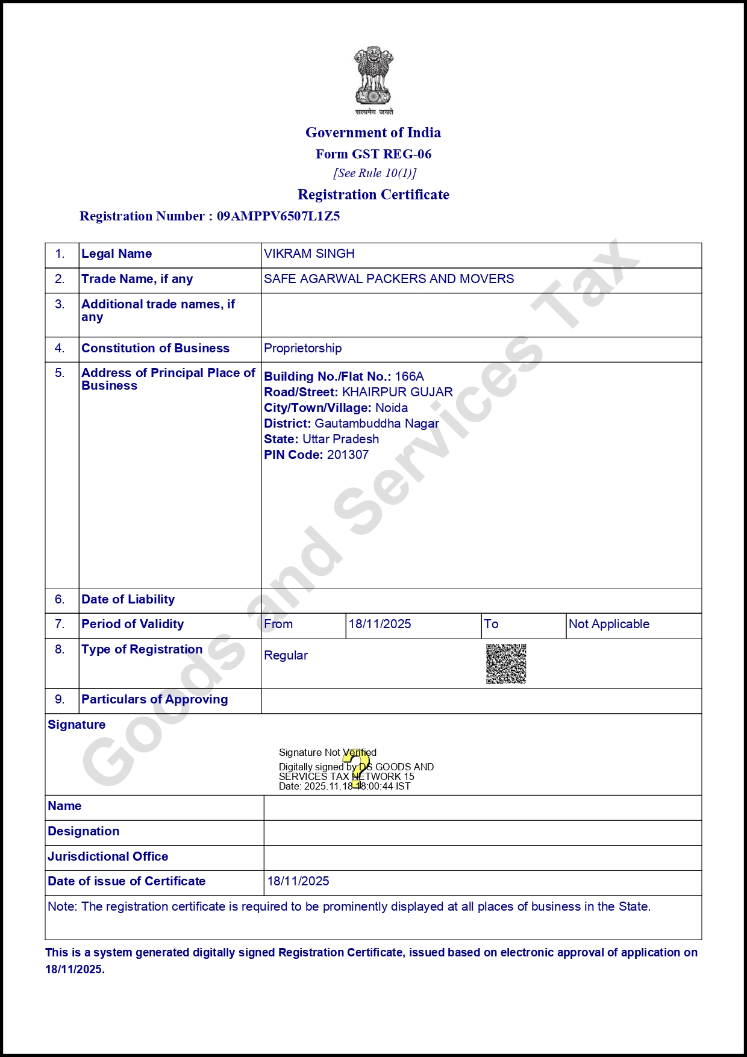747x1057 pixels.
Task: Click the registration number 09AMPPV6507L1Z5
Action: pyautogui.click(x=278, y=216)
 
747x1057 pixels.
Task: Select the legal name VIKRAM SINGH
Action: pyautogui.click(x=309, y=254)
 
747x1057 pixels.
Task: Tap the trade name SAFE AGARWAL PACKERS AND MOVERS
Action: pyautogui.click(x=389, y=279)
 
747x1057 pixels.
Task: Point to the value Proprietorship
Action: pyautogui.click(x=302, y=348)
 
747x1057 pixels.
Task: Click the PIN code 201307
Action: pyautogui.click(x=348, y=455)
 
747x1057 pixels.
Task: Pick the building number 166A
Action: pyautogui.click(x=409, y=376)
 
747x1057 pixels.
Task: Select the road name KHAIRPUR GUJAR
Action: pyautogui.click(x=397, y=392)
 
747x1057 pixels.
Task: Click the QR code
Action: pyautogui.click(x=506, y=664)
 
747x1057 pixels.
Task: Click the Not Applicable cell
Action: pyautogui.click(x=608, y=624)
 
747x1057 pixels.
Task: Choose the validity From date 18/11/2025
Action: pyautogui.click(x=380, y=624)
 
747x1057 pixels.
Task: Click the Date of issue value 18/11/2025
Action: pyautogui.click(x=298, y=881)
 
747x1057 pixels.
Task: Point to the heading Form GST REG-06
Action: pyautogui.click(x=373, y=154)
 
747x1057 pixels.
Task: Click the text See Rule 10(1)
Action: pyautogui.click(x=374, y=173)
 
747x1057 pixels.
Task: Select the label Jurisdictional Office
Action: pyautogui.click(x=108, y=856)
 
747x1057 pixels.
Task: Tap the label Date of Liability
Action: pyautogui.click(x=128, y=599)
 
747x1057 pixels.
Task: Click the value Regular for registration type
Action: pyautogui.click(x=286, y=655)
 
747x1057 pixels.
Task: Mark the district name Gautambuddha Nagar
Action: pyautogui.click(x=377, y=423)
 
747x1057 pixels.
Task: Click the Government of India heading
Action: pyautogui.click(x=373, y=133)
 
